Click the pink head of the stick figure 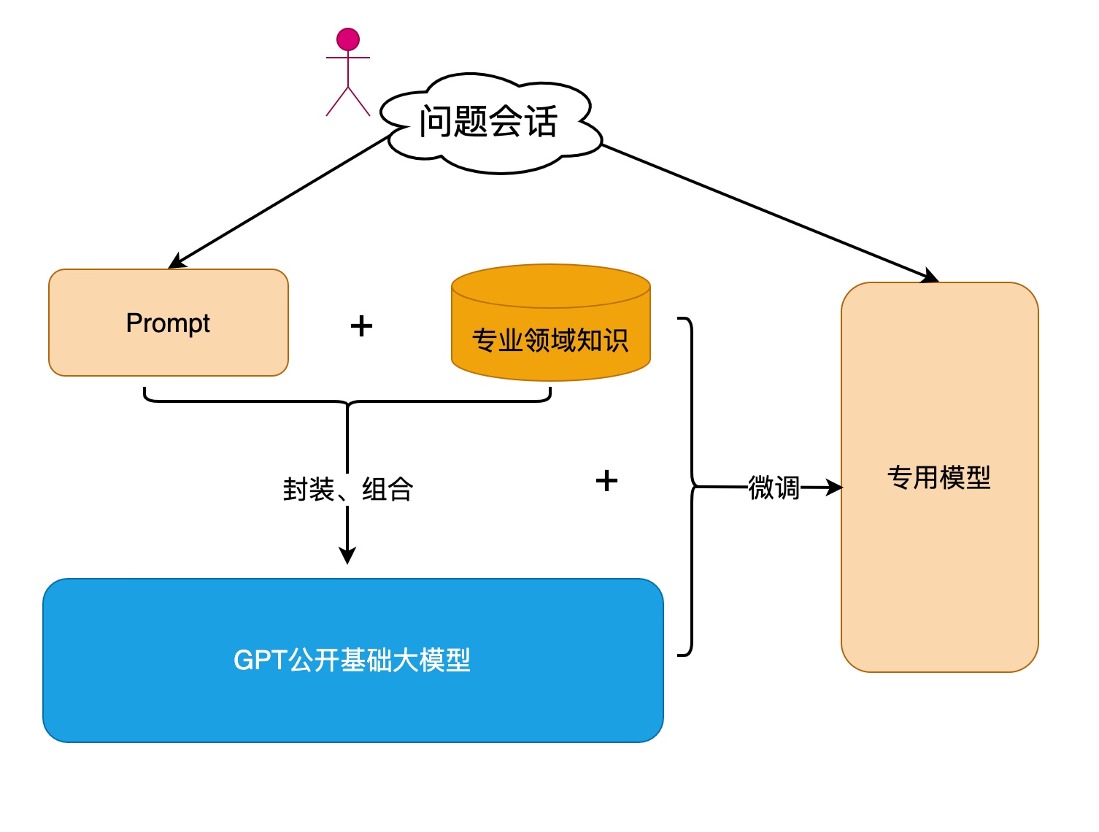[x=348, y=39]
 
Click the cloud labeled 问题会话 [x=488, y=123]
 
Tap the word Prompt [x=168, y=323]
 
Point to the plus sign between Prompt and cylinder [x=361, y=326]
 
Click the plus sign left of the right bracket [x=606, y=480]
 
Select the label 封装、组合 [x=348, y=490]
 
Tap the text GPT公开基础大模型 [x=352, y=660]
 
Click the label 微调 [x=774, y=488]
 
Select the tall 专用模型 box [x=939, y=584]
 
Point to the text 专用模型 [x=939, y=478]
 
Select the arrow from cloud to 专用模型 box [x=766, y=211]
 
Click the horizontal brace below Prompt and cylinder [x=248, y=401]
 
